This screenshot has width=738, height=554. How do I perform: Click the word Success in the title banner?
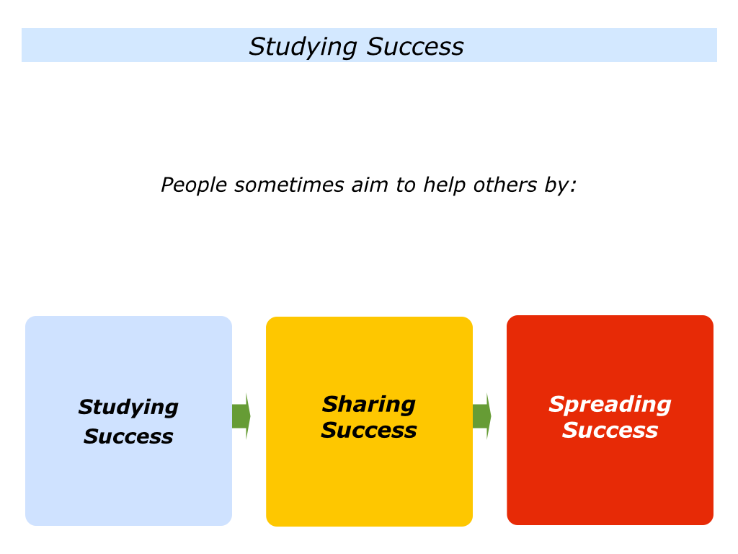(414, 47)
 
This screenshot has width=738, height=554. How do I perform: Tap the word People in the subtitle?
(194, 185)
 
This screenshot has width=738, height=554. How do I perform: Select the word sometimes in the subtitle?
(289, 185)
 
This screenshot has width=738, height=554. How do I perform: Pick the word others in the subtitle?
(505, 185)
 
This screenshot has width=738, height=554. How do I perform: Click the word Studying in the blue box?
(128, 408)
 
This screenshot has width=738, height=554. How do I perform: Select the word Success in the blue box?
(128, 436)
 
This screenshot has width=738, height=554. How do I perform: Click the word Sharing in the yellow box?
(368, 405)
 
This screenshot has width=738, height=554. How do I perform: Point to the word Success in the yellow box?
(368, 430)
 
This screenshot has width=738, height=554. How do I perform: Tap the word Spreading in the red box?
(610, 405)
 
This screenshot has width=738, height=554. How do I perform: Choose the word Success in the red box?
(610, 430)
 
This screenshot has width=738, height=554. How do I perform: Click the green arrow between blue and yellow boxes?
(241, 416)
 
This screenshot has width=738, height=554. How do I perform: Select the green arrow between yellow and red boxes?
(482, 416)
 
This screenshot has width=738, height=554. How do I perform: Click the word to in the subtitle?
(405, 185)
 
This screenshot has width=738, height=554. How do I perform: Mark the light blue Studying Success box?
(128, 421)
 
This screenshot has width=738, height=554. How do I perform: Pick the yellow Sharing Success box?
(369, 421)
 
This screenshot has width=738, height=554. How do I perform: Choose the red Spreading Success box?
(610, 420)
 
